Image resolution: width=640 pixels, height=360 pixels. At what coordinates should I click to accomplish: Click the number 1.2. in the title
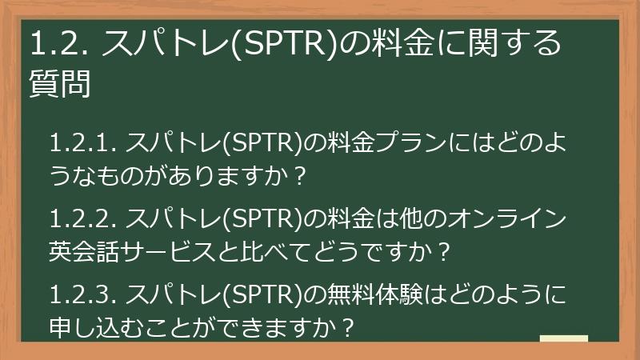[60, 45]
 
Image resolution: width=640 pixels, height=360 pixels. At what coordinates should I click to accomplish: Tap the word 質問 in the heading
[59, 83]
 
